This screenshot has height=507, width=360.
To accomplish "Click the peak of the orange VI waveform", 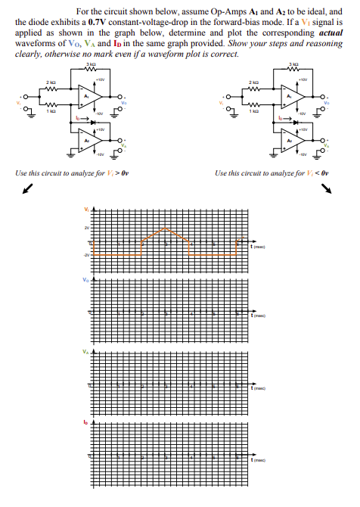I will (x=166, y=229).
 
